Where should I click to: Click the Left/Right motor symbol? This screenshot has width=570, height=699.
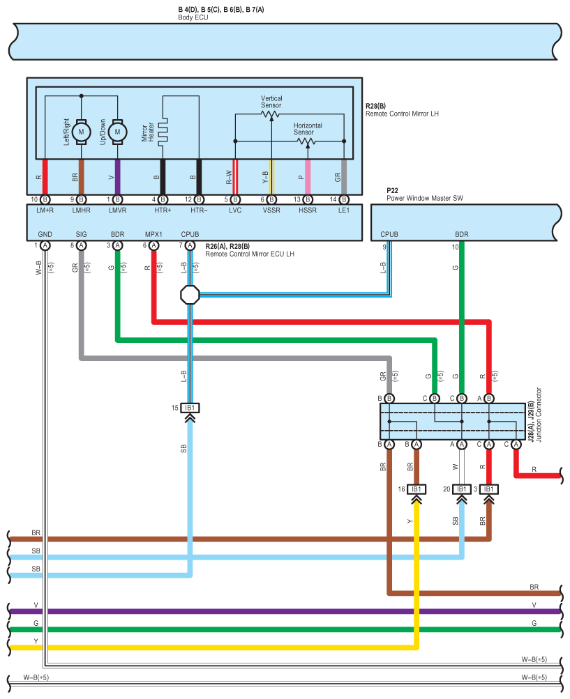pyautogui.click(x=81, y=131)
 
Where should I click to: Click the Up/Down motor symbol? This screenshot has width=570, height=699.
pyautogui.click(x=117, y=131)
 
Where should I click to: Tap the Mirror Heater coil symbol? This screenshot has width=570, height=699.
pyautogui.click(x=163, y=131)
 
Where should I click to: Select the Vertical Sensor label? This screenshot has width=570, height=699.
pyautogui.click(x=271, y=102)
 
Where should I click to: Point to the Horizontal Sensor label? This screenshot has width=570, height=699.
pyautogui.click(x=308, y=129)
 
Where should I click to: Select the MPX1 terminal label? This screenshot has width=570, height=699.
pyautogui.click(x=153, y=235)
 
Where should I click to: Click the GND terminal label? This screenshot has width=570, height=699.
pyautogui.click(x=45, y=235)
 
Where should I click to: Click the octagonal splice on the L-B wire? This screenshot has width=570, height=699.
pyautogui.click(x=190, y=294)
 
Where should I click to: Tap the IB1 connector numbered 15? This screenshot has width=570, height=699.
pyautogui.click(x=190, y=407)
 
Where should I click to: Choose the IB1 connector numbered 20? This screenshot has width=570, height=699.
pyautogui.click(x=462, y=489)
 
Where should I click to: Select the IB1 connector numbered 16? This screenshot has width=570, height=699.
pyautogui.click(x=417, y=489)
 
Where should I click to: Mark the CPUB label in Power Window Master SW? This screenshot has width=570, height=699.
pyautogui.click(x=389, y=235)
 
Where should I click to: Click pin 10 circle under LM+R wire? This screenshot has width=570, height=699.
pyautogui.click(x=45, y=200)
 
